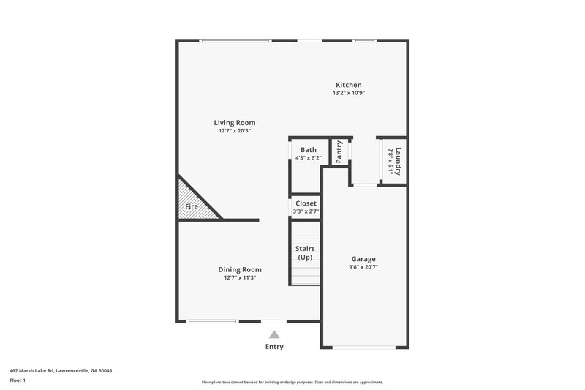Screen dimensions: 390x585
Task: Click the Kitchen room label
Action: (x=348, y=85)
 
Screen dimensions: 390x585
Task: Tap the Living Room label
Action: (x=235, y=122)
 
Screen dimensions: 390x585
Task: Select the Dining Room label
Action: (x=240, y=269)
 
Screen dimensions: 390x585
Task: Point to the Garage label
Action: (x=363, y=259)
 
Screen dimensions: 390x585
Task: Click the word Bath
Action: (x=308, y=149)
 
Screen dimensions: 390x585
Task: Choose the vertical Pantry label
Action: (x=339, y=152)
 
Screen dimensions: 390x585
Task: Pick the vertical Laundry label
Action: (x=399, y=160)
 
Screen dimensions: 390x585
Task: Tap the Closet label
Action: (x=306, y=203)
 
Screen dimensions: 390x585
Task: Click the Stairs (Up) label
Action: (x=305, y=253)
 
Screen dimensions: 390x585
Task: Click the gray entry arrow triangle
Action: (x=274, y=334)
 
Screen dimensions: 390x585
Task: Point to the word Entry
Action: (x=274, y=346)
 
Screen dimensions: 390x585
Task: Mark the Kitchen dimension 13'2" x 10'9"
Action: (x=348, y=93)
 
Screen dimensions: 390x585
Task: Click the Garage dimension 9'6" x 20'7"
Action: (x=363, y=267)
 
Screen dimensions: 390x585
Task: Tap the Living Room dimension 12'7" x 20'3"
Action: (x=235, y=130)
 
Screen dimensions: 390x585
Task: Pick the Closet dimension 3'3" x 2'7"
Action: (x=306, y=211)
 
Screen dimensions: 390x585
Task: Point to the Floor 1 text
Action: (x=18, y=380)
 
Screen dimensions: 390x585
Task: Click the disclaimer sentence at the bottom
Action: (x=292, y=382)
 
